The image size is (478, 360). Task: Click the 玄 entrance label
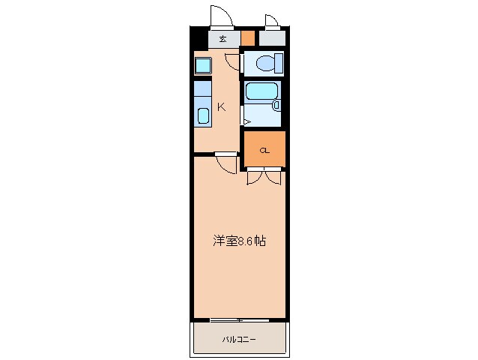click(x=223, y=38)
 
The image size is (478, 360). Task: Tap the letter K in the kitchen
click(x=221, y=106)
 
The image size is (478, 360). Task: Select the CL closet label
click(x=264, y=151)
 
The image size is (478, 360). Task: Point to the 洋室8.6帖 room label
click(x=239, y=241)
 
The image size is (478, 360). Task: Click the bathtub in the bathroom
click(x=261, y=91)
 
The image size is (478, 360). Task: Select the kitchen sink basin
click(x=203, y=116)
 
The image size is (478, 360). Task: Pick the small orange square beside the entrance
click(x=248, y=38)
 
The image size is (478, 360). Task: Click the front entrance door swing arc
click(x=220, y=16)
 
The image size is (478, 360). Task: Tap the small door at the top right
click(x=270, y=22)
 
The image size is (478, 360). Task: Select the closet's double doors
click(x=264, y=178)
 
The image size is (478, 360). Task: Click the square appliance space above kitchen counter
click(x=203, y=65)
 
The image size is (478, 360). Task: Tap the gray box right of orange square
click(x=272, y=38)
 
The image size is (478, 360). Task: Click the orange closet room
click(x=264, y=148)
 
